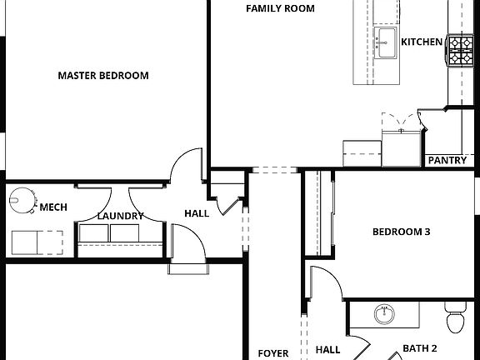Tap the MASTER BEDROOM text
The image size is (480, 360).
pyautogui.click(x=103, y=76)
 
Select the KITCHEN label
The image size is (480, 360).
pyautogui.click(x=422, y=42)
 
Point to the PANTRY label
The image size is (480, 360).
pyautogui.click(x=447, y=161)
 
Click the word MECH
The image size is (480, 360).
pyautogui.click(x=53, y=207)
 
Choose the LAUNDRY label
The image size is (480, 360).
pyautogui.click(x=120, y=216)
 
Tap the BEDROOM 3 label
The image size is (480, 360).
pyautogui.click(x=401, y=232)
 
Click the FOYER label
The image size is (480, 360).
pyautogui.click(x=272, y=353)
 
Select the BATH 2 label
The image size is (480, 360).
pyautogui.click(x=420, y=348)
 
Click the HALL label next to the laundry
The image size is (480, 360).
pyautogui.click(x=196, y=213)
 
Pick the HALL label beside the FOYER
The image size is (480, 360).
pyautogui.click(x=327, y=350)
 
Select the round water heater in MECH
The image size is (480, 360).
pyautogui.click(x=22, y=200)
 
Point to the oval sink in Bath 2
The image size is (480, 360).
pyautogui.click(x=384, y=316)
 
